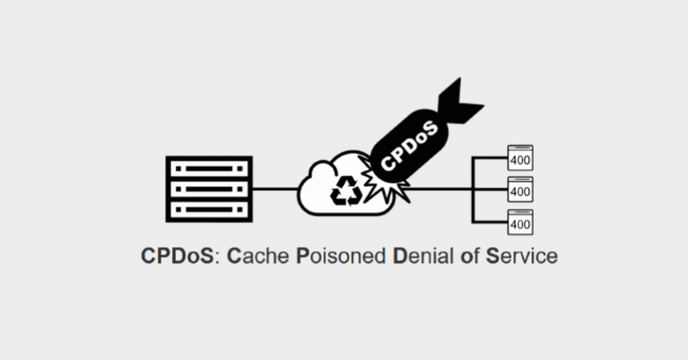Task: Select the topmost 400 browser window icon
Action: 520,158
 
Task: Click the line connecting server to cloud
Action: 274,190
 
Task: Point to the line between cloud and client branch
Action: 440,190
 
